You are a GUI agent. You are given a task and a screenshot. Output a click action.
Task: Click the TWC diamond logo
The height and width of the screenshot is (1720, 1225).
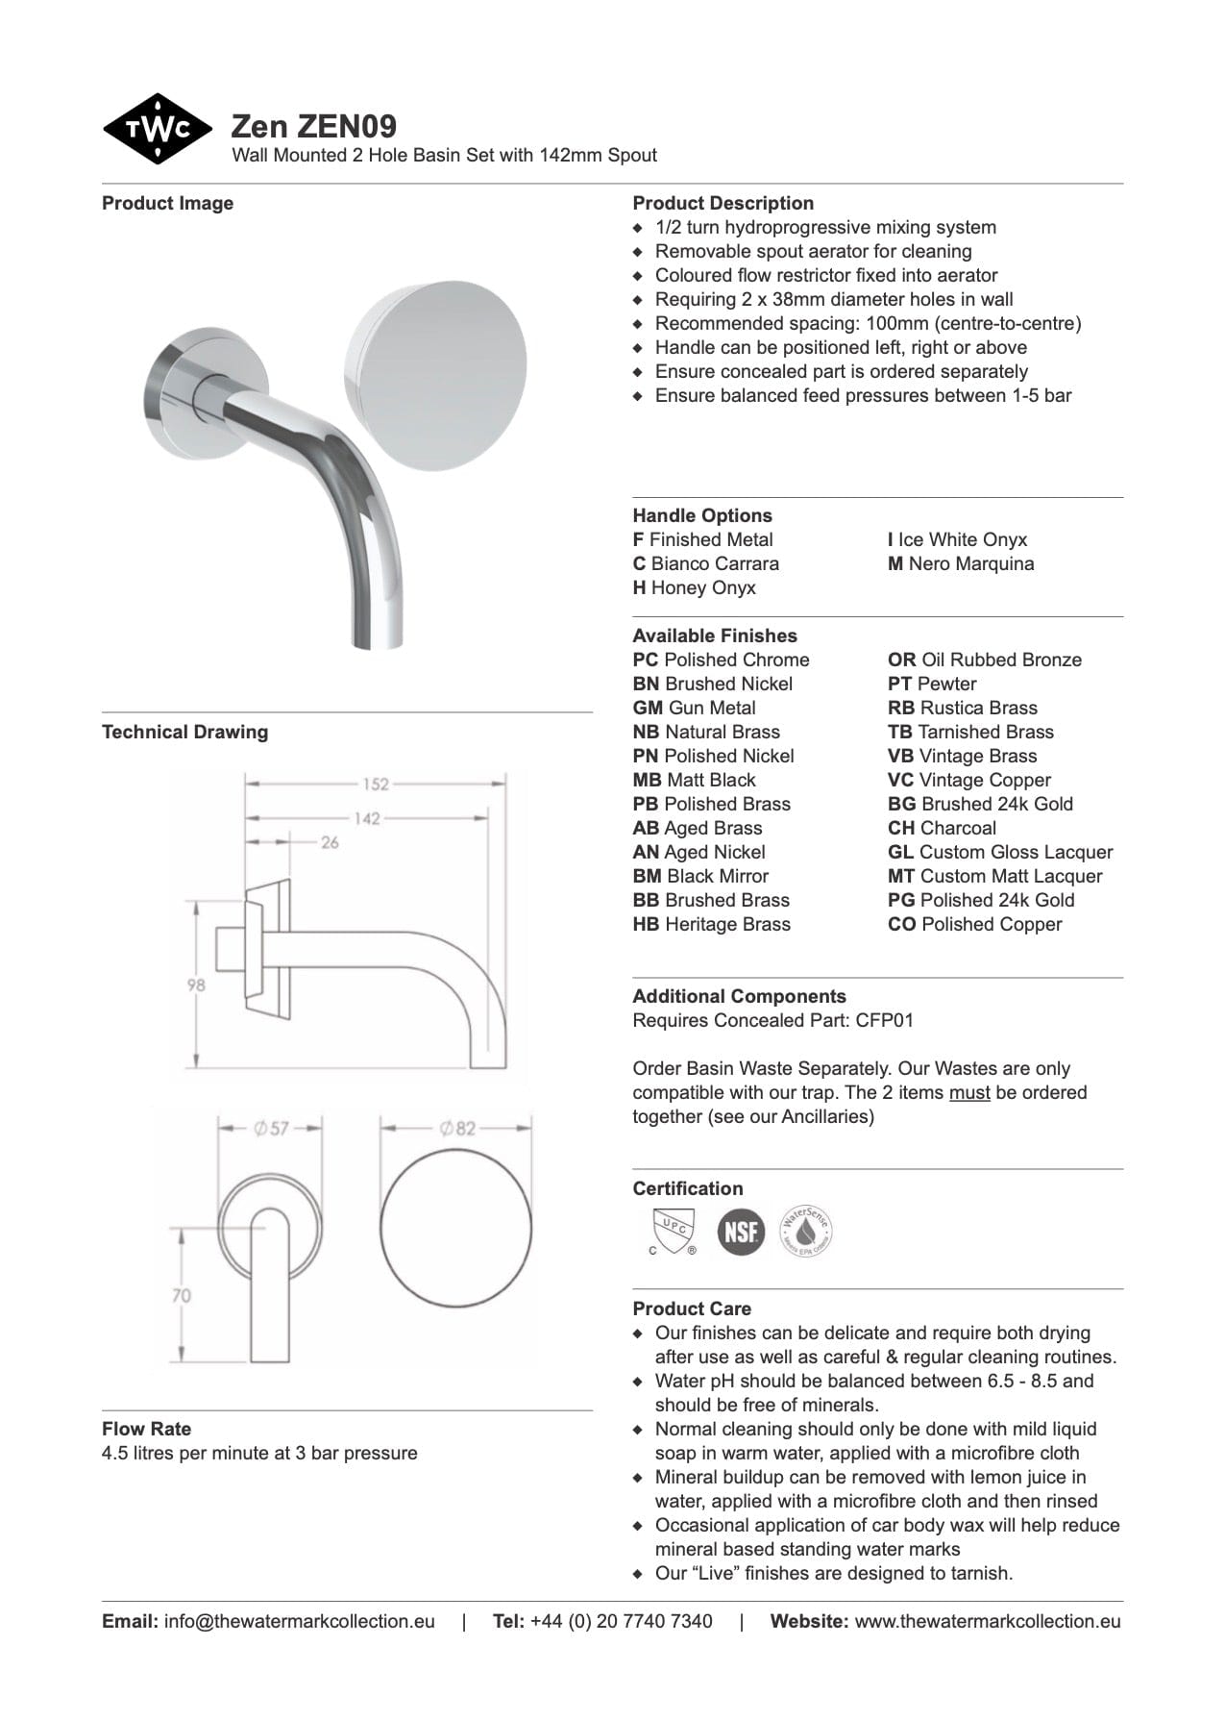(158, 129)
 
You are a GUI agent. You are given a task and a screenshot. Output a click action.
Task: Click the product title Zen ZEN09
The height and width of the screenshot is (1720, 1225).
(313, 126)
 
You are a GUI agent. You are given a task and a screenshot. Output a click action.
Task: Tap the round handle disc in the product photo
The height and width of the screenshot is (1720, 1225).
(435, 376)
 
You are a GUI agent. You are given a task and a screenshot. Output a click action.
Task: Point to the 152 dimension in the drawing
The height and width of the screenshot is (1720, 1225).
(376, 784)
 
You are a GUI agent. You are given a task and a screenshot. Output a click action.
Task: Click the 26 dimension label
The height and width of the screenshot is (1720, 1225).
(330, 842)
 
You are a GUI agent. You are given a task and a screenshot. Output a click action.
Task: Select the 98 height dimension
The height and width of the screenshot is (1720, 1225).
(196, 985)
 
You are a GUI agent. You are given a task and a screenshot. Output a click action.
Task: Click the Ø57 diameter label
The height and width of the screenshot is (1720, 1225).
(271, 1128)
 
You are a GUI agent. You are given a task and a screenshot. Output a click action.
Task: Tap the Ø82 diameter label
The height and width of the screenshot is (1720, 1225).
(457, 1128)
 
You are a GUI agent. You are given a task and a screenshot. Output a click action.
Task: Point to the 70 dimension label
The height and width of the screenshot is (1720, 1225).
(182, 1295)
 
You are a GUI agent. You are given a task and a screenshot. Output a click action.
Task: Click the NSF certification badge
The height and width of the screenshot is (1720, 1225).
(741, 1232)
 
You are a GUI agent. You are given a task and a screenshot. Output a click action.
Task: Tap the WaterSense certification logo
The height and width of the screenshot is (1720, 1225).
(805, 1232)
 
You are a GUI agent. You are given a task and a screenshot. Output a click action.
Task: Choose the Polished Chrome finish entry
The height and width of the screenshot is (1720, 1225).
(721, 660)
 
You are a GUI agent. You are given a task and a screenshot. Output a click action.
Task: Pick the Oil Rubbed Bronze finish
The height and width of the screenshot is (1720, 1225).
(984, 660)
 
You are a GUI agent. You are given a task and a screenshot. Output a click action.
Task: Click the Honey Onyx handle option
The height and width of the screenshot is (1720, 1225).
(694, 587)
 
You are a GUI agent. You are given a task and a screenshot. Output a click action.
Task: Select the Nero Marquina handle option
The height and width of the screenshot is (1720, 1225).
(960, 563)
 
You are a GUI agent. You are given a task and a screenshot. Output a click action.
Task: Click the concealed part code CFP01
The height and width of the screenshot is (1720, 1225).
(884, 1020)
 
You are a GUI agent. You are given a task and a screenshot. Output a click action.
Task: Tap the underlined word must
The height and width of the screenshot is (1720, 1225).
(968, 1092)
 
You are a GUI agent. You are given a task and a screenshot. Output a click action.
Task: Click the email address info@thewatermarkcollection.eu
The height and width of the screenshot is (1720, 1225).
(299, 1621)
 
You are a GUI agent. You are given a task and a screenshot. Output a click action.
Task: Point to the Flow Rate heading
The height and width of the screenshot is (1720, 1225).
(146, 1429)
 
